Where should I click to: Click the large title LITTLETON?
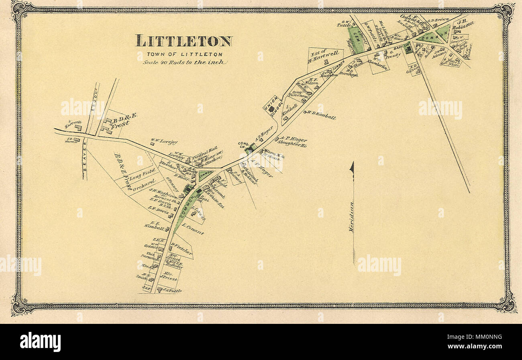(x=184, y=41)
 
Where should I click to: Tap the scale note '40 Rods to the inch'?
(x=185, y=62)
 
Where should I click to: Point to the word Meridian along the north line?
(x=352, y=217)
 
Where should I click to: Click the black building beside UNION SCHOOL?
(x=271, y=108)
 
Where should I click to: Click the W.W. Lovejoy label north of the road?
(x=164, y=141)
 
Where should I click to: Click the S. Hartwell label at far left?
(x=73, y=123)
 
